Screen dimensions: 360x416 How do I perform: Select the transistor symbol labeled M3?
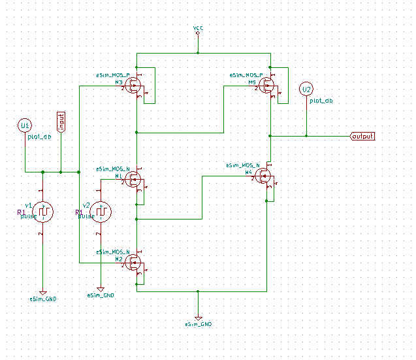[135, 86]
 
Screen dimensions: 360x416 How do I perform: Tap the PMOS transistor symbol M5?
[268, 86]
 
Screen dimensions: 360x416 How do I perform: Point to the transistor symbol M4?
[264, 175]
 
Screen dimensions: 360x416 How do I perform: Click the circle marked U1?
[25, 125]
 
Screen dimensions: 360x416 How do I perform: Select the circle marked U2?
[306, 90]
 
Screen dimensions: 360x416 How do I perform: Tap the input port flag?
[61, 122]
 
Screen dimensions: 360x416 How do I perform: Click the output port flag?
[362, 136]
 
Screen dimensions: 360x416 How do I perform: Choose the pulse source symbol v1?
[42, 211]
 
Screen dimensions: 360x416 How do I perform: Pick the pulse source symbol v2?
[101, 211]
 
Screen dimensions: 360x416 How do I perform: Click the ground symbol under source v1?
[42, 293]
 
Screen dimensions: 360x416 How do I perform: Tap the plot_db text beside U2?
[321, 101]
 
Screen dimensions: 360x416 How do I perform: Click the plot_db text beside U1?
[39, 137]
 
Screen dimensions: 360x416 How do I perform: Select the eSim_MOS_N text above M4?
[242, 165]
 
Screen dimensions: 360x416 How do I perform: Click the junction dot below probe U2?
[306, 136]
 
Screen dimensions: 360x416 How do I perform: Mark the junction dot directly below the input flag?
[61, 172]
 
